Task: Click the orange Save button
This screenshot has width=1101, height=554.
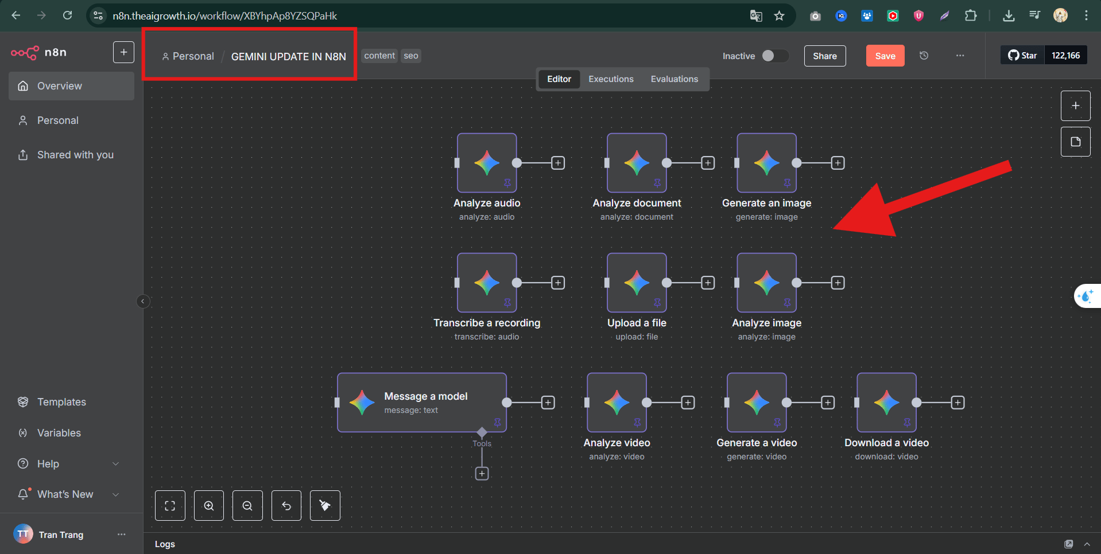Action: [885, 56]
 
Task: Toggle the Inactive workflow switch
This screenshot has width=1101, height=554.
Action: [774, 56]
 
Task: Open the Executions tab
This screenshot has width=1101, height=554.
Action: [611, 79]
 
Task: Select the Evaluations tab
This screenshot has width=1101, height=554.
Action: [674, 79]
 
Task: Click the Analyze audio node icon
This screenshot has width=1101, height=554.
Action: [487, 163]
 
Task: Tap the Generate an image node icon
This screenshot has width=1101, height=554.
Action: [766, 163]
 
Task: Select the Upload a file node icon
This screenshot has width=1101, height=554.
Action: [637, 283]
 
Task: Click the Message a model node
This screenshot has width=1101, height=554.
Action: [422, 403]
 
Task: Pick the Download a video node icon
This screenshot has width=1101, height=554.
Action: [886, 403]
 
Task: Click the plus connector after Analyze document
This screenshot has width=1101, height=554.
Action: [708, 163]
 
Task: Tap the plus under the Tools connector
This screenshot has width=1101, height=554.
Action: [482, 473]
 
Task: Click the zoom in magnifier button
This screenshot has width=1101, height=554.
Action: [209, 506]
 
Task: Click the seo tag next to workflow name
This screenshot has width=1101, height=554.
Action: [411, 56]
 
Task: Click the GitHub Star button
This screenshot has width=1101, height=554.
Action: [1022, 56]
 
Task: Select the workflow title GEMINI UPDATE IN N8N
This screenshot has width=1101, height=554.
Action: [289, 56]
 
